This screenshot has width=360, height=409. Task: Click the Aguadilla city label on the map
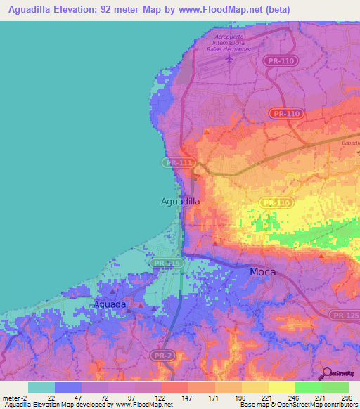coord(180,201)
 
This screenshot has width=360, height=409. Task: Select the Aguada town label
coord(110,304)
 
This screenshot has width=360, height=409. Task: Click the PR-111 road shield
coord(178,162)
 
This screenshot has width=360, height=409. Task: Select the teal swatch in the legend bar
coord(41,387)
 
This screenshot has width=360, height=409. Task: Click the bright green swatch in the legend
coord(307,387)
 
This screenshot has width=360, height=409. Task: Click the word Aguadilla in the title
coord(35,10)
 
